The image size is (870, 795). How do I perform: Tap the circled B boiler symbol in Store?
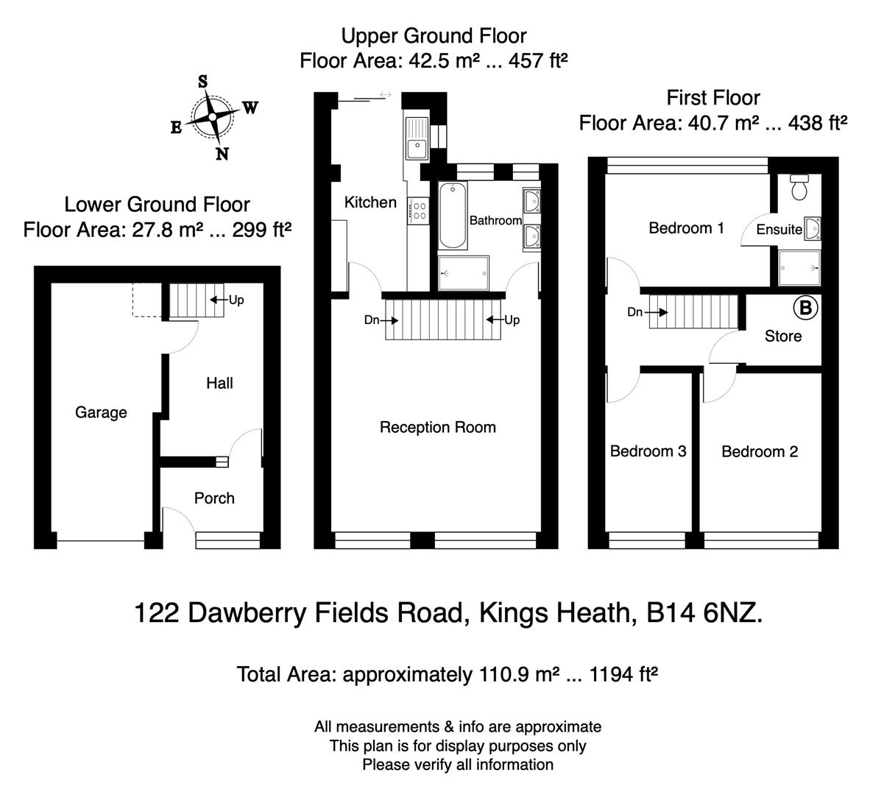pos(805,308)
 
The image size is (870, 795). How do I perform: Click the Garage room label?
pos(101,413)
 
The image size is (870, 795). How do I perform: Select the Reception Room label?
pos(437,428)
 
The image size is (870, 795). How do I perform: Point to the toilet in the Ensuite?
pos(798,188)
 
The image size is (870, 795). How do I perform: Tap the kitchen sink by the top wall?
pos(417,139)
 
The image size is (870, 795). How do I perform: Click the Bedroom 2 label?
pos(759,452)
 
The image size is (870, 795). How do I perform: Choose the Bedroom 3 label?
pos(648,451)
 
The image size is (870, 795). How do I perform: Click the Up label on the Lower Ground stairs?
pos(236,300)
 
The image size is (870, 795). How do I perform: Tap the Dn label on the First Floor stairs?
pos(635,312)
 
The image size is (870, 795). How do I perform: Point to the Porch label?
pos(214,498)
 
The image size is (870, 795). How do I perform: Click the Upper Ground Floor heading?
pos(434,35)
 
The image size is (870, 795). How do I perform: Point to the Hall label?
pos(219,384)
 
